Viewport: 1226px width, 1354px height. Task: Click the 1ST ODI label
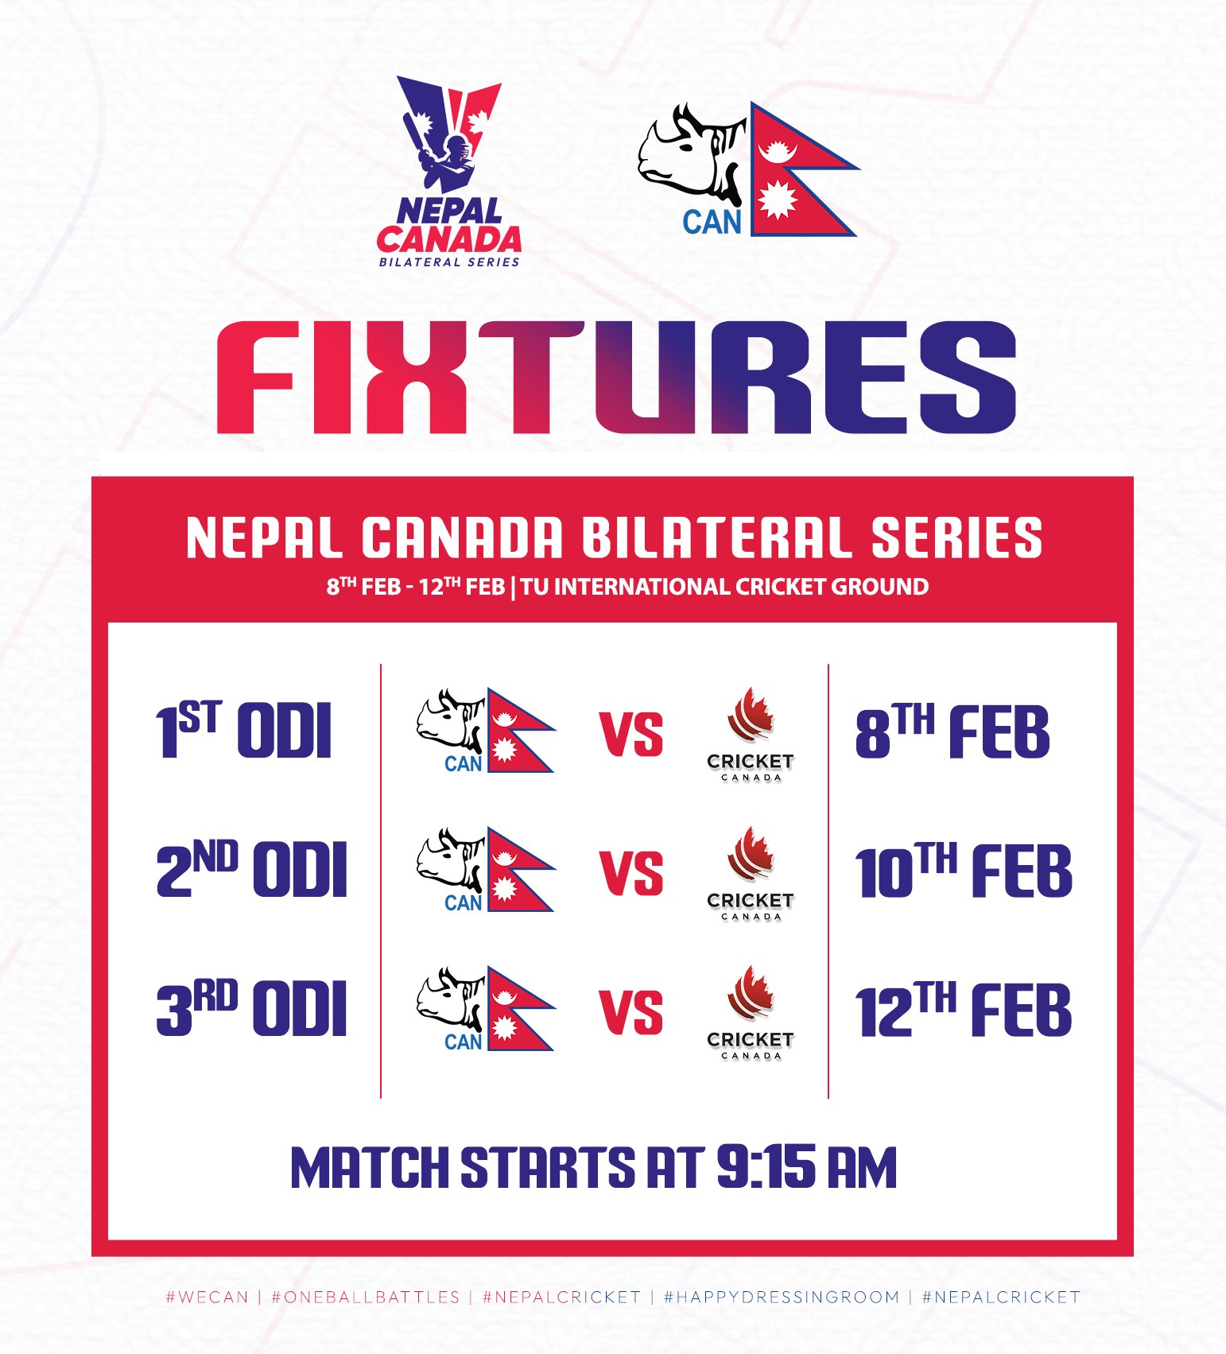tap(243, 730)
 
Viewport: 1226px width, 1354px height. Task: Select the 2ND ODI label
tap(252, 869)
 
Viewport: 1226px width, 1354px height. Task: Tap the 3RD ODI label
tap(252, 1008)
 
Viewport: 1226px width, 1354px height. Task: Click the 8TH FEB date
tap(952, 730)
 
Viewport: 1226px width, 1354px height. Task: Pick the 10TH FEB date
tap(964, 869)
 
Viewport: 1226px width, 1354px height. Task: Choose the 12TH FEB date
tap(964, 1008)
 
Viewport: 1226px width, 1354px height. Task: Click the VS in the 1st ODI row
tap(631, 734)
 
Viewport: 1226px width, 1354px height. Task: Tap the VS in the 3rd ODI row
tap(631, 1012)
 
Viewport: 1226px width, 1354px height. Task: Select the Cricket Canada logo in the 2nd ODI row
tap(751, 873)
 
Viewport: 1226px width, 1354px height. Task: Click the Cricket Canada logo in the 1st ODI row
tap(751, 734)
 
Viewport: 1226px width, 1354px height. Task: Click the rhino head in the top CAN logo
tap(690, 155)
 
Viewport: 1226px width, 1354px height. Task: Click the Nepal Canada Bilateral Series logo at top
tap(449, 171)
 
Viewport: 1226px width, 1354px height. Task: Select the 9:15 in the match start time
tap(766, 1167)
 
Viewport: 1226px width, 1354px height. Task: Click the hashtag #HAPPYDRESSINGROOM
tap(782, 1297)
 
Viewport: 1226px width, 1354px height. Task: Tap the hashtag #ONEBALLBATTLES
tap(366, 1297)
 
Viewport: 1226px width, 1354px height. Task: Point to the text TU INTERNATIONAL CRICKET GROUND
tap(724, 587)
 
